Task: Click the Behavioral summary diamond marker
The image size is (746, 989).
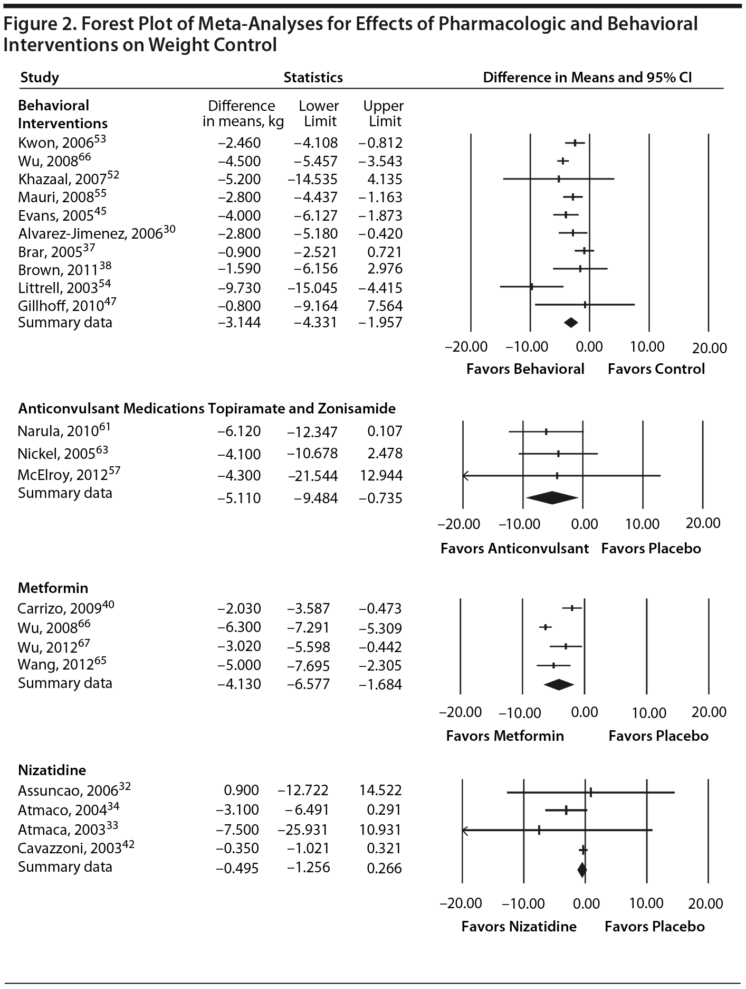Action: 571,323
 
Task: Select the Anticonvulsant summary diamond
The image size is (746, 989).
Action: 552,498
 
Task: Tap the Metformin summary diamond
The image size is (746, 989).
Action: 558,684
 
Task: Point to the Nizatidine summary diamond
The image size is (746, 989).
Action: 582,869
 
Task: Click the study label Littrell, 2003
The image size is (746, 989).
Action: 58,288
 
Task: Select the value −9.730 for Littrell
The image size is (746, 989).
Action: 239,288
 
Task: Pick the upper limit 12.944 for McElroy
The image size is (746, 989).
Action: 385,476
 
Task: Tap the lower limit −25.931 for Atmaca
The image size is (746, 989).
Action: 303,830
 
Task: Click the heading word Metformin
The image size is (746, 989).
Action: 53,588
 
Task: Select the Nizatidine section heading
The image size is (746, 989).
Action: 52,770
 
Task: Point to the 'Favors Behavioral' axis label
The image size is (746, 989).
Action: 525,369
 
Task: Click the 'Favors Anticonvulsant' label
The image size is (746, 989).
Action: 514,549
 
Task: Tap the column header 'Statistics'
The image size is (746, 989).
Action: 313,78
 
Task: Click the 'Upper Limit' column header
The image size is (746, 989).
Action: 384,114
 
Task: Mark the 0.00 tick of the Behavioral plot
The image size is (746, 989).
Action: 589,347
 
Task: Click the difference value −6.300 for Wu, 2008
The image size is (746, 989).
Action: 239,628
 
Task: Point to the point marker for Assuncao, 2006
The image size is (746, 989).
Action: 591,792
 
